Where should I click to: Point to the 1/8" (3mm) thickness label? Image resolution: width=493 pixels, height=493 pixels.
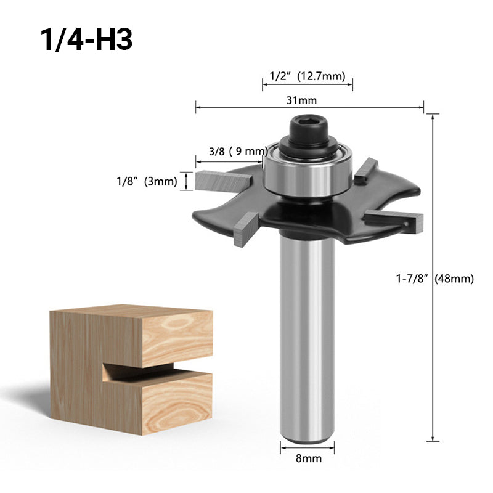147,181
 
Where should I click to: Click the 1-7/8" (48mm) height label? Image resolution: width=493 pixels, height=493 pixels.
435,279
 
